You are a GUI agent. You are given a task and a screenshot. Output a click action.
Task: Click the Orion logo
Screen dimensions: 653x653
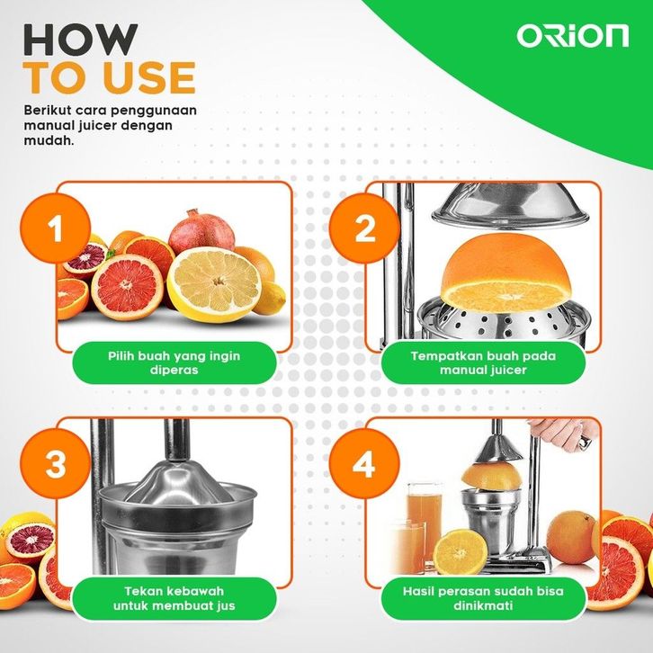pyautogui.click(x=573, y=36)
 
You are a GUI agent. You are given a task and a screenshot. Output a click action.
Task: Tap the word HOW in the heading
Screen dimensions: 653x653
pyautogui.click(x=80, y=40)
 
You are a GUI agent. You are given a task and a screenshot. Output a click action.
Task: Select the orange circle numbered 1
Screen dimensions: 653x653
pyautogui.click(x=56, y=228)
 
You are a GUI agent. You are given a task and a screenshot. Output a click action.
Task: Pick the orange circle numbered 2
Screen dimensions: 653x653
pyautogui.click(x=364, y=228)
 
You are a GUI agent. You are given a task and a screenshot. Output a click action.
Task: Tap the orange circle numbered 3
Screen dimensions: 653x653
pyautogui.click(x=56, y=463)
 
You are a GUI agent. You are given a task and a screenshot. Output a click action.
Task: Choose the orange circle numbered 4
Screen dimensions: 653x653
pyautogui.click(x=364, y=463)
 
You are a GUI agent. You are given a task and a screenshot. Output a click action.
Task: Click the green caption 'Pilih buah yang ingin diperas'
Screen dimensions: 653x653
pyautogui.click(x=174, y=362)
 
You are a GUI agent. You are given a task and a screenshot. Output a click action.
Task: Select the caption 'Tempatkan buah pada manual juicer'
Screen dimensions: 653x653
pyautogui.click(x=483, y=362)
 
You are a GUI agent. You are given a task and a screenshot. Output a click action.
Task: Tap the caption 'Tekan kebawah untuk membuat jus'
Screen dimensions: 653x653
pyautogui.click(x=174, y=598)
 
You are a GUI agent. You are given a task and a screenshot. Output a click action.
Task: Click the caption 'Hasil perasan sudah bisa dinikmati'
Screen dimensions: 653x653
pyautogui.click(x=483, y=598)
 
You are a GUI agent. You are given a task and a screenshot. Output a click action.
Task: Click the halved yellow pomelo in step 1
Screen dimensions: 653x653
pyautogui.click(x=214, y=284)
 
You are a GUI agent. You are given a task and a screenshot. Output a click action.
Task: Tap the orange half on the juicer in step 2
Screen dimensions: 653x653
pyautogui.click(x=505, y=272)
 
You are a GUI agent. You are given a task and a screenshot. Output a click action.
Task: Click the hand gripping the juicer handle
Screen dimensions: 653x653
pyautogui.click(x=563, y=434)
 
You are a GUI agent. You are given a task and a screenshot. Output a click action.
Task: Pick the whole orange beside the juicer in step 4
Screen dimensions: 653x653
pyautogui.click(x=571, y=537)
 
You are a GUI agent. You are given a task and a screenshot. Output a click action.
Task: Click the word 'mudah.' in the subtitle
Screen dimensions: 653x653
pyautogui.click(x=49, y=140)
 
